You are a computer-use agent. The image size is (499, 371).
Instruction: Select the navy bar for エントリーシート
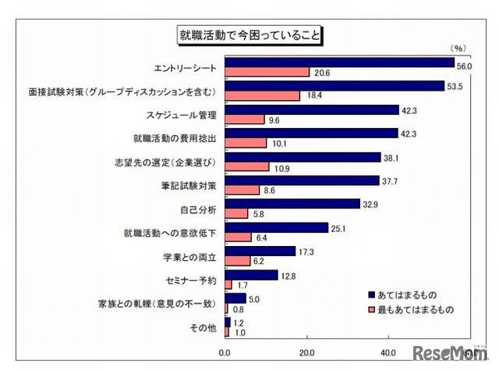pos(339,62)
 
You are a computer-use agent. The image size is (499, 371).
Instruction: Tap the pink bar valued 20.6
pos(267,73)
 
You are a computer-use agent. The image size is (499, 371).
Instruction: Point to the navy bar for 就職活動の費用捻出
pos(311,134)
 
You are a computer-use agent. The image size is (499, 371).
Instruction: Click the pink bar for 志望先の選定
pos(246,167)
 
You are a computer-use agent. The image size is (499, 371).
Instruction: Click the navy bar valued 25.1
pos(276,227)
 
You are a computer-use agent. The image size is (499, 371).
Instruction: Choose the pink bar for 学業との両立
pos(237,261)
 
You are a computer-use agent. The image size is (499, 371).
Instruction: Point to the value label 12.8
pos(289,275)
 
